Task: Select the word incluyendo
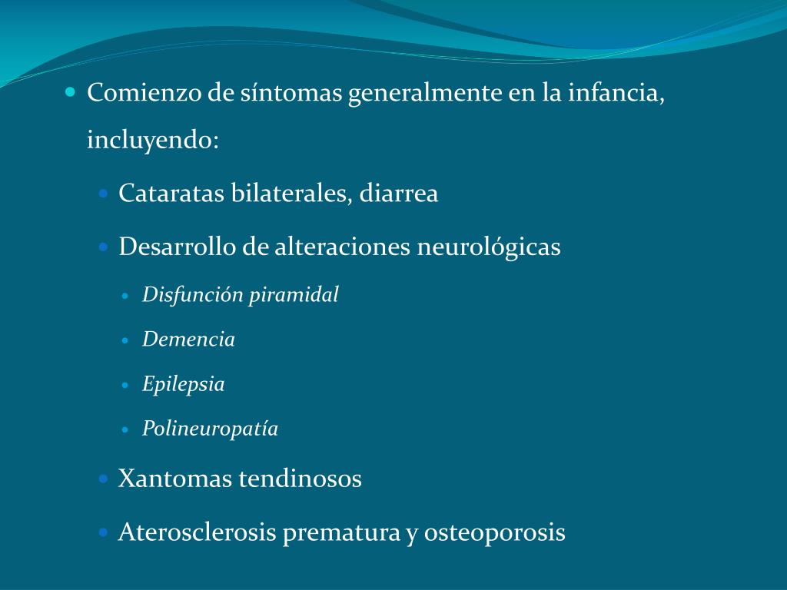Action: click(153, 141)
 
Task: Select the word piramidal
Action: click(294, 295)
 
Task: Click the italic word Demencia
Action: click(188, 340)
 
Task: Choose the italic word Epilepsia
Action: click(183, 384)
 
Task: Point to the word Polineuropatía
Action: click(210, 429)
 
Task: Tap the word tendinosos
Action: click(300, 479)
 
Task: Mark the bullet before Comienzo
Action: click(71, 92)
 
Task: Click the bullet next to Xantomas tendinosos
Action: click(104, 479)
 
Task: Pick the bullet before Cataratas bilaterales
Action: click(104, 193)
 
